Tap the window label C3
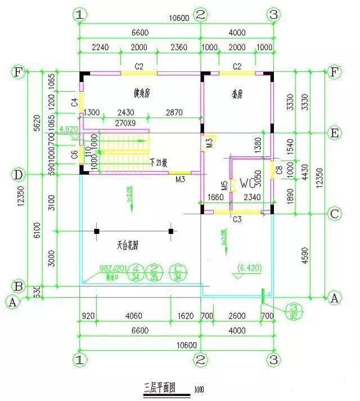pos(237,218)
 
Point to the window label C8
pos(279,168)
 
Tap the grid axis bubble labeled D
pos(18,175)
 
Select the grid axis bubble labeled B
pos(18,286)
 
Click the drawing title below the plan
pos(160,388)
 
